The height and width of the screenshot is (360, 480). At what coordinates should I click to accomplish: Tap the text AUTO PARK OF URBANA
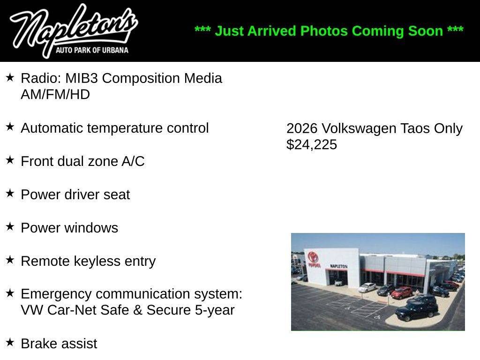[x=92, y=50]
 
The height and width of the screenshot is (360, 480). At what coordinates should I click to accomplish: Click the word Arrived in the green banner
[x=271, y=31]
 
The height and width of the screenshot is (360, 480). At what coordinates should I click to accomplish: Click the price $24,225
[x=312, y=144]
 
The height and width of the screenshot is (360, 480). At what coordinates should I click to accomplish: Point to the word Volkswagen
[x=359, y=128]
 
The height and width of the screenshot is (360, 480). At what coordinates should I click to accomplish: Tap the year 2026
[x=302, y=128]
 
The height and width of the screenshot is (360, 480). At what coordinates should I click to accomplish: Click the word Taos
[x=415, y=128]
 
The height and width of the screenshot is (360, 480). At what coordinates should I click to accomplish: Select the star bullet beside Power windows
[x=10, y=226]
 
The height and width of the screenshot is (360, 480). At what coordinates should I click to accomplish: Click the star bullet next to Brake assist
[x=10, y=342]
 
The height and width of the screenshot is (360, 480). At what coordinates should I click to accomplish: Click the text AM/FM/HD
[x=55, y=95]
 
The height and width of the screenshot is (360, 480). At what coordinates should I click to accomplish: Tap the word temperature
[x=125, y=128]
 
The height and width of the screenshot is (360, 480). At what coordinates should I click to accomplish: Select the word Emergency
[x=56, y=294]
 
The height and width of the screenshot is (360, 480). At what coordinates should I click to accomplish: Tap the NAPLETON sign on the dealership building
[x=338, y=266]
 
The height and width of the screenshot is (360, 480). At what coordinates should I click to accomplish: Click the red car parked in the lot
[x=402, y=292]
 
